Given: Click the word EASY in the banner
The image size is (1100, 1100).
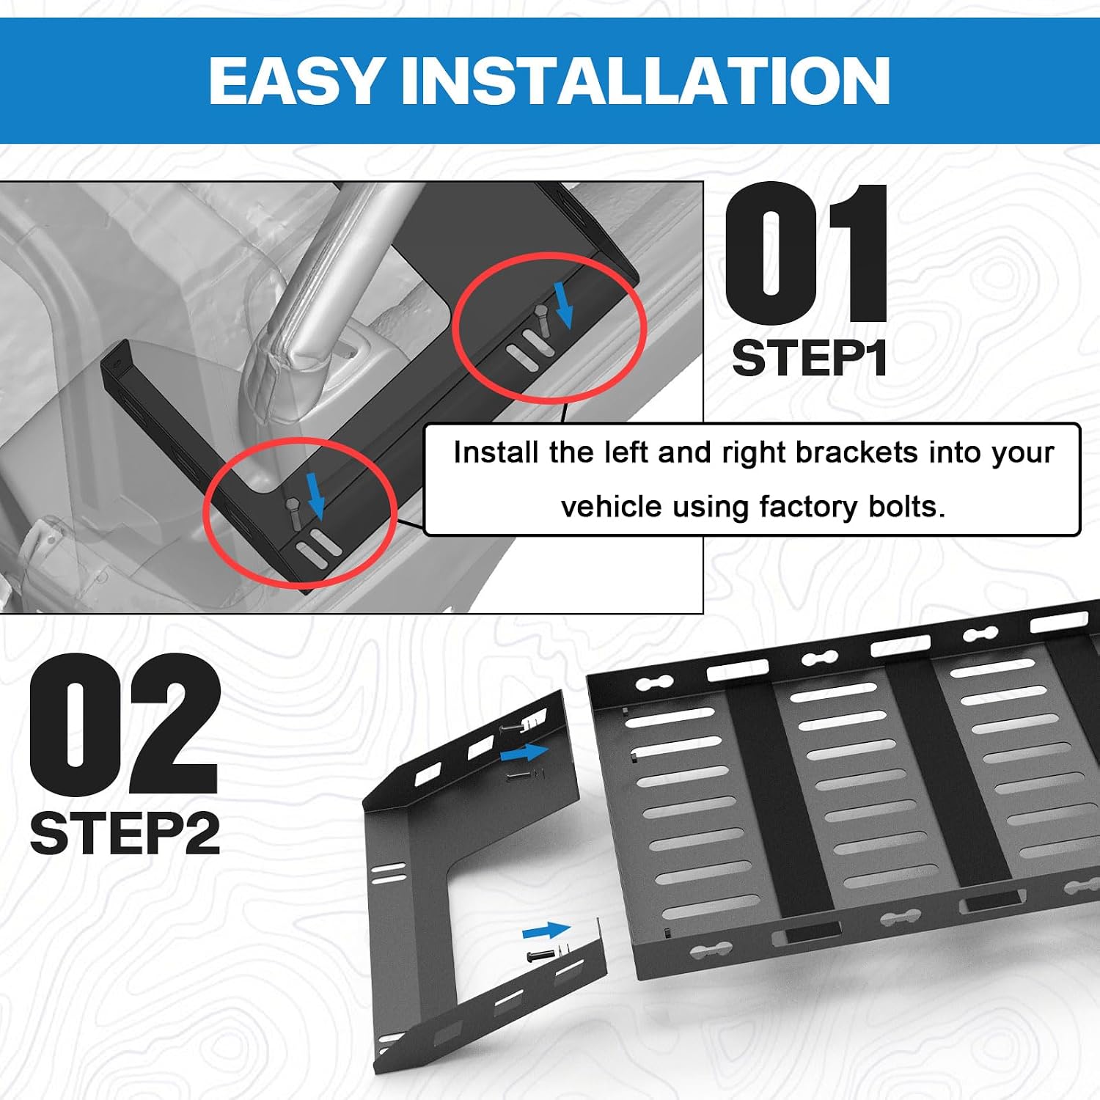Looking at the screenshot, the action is pyautogui.click(x=295, y=81).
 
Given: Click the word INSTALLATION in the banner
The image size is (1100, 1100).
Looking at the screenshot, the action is pyautogui.click(x=645, y=81).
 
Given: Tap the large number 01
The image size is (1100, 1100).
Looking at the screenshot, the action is pyautogui.click(x=807, y=253).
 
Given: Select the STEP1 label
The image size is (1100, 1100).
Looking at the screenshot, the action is pyautogui.click(x=810, y=358).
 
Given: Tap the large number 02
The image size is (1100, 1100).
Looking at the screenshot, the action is pyautogui.click(x=125, y=725).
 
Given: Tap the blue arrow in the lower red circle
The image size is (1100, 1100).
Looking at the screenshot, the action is pyautogui.click(x=316, y=495).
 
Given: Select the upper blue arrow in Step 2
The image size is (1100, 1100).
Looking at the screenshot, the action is pyautogui.click(x=524, y=752).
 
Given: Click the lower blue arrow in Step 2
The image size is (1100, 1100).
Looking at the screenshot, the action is pyautogui.click(x=546, y=931).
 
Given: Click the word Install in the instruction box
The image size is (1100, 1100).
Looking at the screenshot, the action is pyautogui.click(x=496, y=452).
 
